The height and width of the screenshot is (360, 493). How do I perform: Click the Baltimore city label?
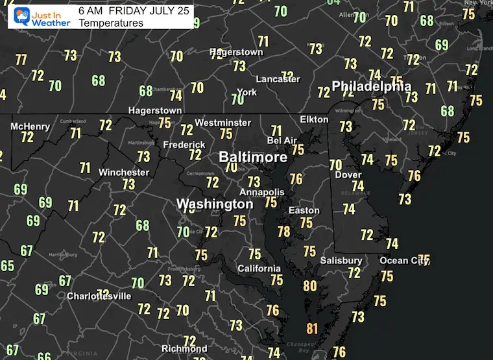(x=252, y=158)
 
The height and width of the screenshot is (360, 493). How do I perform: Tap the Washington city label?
(x=215, y=204)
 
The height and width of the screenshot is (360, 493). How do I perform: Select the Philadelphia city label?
(x=371, y=86)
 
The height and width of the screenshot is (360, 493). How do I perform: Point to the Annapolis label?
(x=261, y=192)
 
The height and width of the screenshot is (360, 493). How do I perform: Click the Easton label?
(x=304, y=210)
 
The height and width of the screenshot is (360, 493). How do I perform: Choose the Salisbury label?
(x=341, y=261)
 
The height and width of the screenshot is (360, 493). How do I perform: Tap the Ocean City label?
(x=403, y=261)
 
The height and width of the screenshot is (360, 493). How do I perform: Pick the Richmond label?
(x=184, y=349)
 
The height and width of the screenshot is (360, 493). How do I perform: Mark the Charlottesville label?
(x=99, y=296)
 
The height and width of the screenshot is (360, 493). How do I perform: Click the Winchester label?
(x=123, y=173)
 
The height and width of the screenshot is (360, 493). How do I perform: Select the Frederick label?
(x=184, y=145)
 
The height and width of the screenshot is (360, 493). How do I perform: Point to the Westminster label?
(x=222, y=123)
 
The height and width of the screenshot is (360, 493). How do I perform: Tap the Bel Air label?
(x=282, y=140)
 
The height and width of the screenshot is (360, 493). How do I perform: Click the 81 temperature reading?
(x=312, y=329)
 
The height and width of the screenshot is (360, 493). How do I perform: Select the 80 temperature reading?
(x=309, y=285)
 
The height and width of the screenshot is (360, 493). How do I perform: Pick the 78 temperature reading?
(x=283, y=231)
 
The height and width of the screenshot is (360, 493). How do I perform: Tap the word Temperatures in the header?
(x=110, y=23)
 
